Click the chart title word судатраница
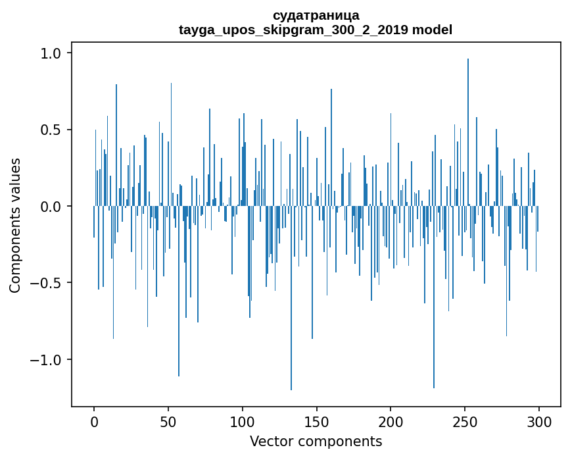pyautogui.click(x=316, y=15)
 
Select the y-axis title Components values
pyautogui.click(x=15, y=225)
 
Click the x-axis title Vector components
pyautogui.click(x=316, y=442)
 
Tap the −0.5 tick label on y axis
pyautogui.click(x=47, y=283)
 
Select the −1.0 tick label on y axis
pyautogui.click(x=47, y=360)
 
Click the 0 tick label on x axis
pyautogui.click(x=94, y=421)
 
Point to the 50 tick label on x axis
pyautogui.click(x=168, y=421)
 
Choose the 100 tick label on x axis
pyautogui.click(x=243, y=421)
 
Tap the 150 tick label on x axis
pyautogui.click(x=316, y=421)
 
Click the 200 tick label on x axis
pyautogui.click(x=391, y=421)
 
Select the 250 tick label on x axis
pyautogui.click(x=465, y=421)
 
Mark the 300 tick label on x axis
pyautogui.click(x=539, y=421)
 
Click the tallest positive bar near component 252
pyautogui.click(x=468, y=132)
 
